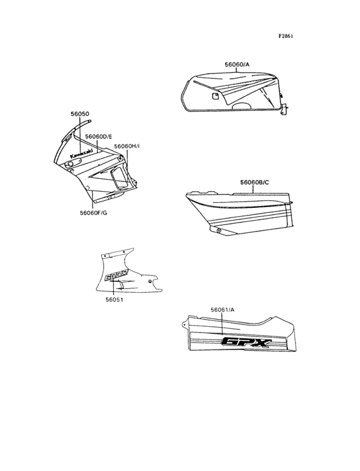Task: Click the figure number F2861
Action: tap(285, 36)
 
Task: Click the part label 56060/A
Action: tap(237, 64)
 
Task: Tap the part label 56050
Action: tap(80, 114)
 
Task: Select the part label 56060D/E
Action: tap(99, 136)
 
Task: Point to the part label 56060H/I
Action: tap(127, 146)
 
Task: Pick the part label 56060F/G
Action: tap(93, 213)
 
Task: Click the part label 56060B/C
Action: tap(255, 182)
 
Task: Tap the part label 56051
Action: tap(114, 299)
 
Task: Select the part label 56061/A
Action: tap(222, 309)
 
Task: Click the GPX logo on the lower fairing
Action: tap(246, 343)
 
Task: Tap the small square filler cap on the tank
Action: tap(215, 96)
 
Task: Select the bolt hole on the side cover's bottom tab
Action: tap(219, 231)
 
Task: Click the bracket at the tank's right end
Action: tap(284, 109)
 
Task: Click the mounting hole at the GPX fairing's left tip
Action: tap(184, 324)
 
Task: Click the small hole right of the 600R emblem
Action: tap(150, 281)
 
